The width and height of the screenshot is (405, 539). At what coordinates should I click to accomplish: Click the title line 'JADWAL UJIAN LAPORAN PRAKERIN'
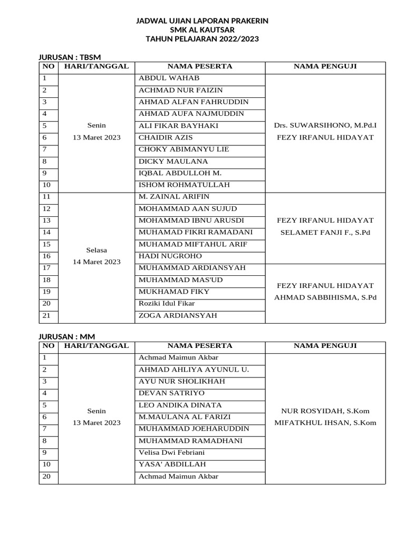coord(202,21)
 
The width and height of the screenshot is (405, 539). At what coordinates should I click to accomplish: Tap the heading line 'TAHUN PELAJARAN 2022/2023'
coord(202,39)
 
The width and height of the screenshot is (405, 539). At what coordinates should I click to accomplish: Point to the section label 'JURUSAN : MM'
coord(65,336)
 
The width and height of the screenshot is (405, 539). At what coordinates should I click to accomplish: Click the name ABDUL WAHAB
coord(169,78)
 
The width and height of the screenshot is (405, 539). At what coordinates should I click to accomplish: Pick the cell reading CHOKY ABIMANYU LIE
coord(184,149)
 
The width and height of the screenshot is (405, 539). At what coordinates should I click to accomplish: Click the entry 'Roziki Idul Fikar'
coord(166,303)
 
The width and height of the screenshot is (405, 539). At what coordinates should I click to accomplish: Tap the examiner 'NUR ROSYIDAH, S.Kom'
coord(325,411)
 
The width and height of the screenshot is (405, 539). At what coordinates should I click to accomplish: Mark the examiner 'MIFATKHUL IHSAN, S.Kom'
coord(325,423)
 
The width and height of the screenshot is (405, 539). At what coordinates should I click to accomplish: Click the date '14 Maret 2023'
coord(97,262)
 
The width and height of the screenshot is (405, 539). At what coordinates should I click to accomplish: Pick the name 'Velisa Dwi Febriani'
coord(171,453)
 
